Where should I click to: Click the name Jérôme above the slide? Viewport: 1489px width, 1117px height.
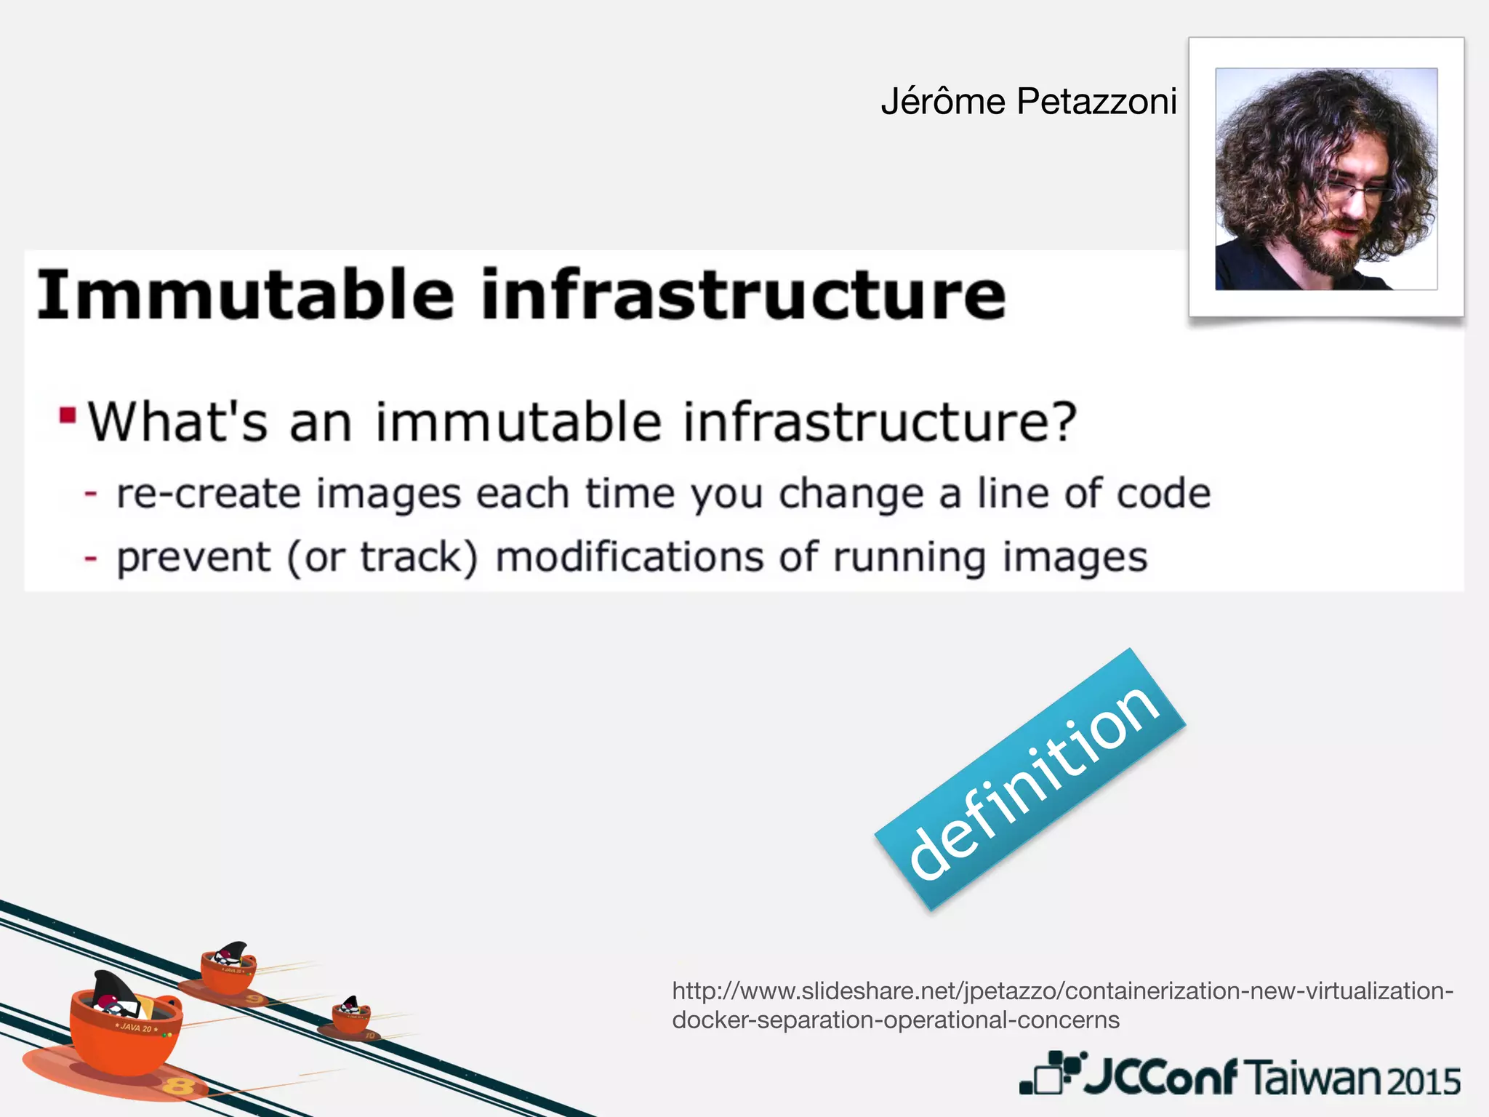(943, 102)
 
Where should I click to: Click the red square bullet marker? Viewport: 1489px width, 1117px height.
(68, 415)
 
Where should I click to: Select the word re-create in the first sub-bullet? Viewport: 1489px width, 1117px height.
(209, 495)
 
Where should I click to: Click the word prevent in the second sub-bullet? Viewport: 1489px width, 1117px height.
(193, 558)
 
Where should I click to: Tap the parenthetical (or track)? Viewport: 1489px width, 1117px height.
(383, 558)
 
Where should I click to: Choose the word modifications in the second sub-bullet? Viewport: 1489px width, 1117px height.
(630, 558)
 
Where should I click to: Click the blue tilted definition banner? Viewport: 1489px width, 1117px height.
(1031, 780)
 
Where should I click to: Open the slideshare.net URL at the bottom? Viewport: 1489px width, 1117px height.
(1061, 1005)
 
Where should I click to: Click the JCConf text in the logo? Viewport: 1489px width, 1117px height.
(1160, 1077)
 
